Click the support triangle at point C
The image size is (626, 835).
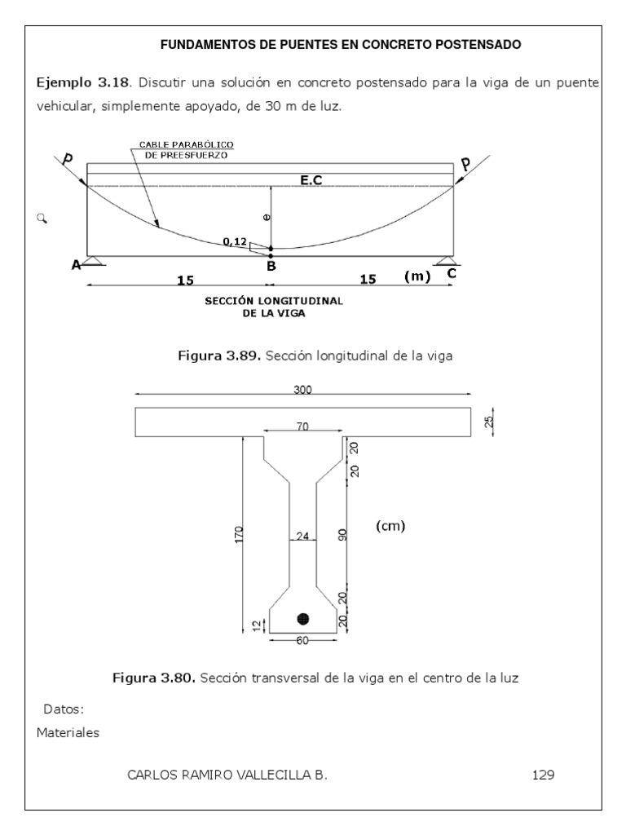click(x=446, y=261)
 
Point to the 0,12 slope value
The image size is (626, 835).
click(x=235, y=241)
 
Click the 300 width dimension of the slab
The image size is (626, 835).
click(x=302, y=391)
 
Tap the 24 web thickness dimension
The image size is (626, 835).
click(x=303, y=537)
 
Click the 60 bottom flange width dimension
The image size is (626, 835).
click(x=302, y=640)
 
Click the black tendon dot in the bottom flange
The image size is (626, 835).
click(x=303, y=619)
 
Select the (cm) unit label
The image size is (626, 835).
click(x=390, y=526)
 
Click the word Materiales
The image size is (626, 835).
click(x=68, y=732)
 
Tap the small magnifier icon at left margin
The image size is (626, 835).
click(x=42, y=218)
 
